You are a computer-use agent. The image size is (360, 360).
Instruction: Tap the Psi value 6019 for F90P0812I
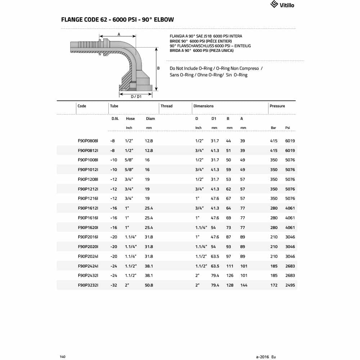pyautogui.click(x=290, y=150)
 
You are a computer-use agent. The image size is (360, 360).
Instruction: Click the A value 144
pyautogui.click(x=244, y=285)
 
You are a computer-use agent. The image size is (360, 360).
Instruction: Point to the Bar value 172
pyautogui.click(x=274, y=285)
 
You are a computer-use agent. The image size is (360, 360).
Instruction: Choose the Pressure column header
pyautogui.click(x=277, y=106)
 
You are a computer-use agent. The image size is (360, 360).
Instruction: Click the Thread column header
pyautogui.click(x=166, y=106)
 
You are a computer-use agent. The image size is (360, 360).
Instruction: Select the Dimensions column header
pyautogui.click(x=203, y=106)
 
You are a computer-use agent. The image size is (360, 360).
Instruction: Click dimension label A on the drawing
pyautogui.click(x=119, y=35)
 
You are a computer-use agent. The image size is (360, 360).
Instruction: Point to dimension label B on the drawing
pyautogui.click(x=158, y=68)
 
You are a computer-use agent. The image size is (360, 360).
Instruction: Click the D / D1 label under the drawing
pyautogui.click(x=136, y=96)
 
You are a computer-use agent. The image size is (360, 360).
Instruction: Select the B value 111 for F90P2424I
pyautogui.click(x=230, y=266)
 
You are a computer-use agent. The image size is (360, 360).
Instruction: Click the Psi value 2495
pyautogui.click(x=290, y=285)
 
